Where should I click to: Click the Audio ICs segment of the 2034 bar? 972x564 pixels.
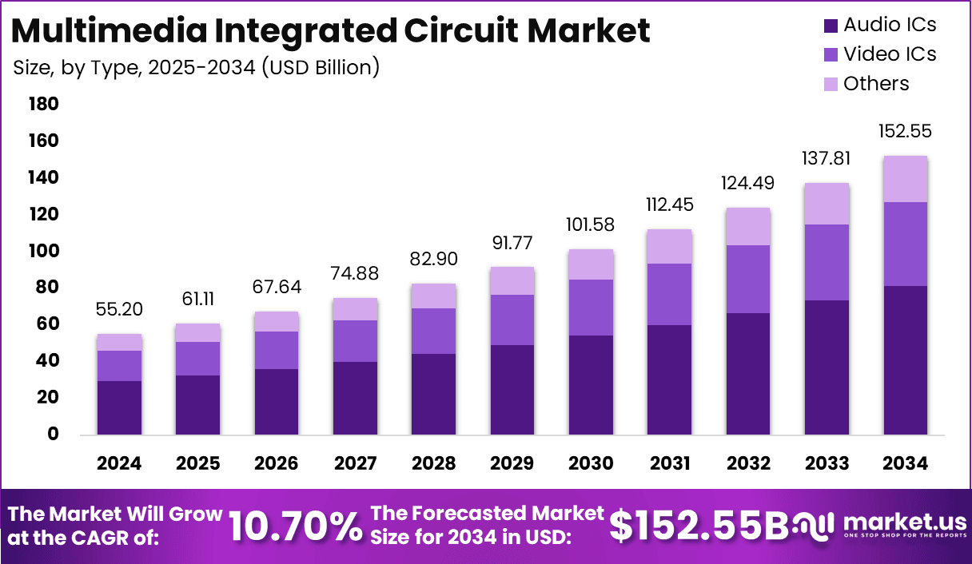click(906, 359)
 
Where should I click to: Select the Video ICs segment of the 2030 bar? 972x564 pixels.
click(591, 308)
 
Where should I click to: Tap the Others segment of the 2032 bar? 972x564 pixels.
click(748, 226)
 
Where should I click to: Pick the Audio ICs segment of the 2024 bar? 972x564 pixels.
click(119, 407)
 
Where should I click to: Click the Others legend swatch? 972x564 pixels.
click(831, 84)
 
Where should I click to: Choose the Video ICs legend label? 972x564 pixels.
click(890, 54)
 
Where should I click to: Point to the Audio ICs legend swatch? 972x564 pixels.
click(831, 26)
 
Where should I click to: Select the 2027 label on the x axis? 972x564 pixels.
click(355, 464)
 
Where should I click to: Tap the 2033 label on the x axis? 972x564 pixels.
click(827, 464)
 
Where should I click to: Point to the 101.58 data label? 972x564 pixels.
click(591, 224)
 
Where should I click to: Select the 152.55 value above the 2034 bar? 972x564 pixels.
click(906, 131)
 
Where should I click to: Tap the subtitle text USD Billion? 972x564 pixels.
click(319, 68)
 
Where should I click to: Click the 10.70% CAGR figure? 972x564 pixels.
click(295, 526)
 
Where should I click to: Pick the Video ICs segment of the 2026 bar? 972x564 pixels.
click(277, 350)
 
